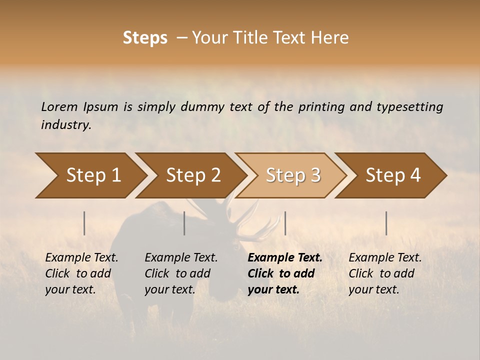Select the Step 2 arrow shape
click(x=193, y=175)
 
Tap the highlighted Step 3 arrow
click(x=293, y=175)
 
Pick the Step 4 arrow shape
click(x=393, y=175)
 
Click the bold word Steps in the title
click(x=145, y=38)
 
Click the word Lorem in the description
click(x=59, y=106)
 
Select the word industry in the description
click(x=66, y=124)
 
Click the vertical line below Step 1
click(x=84, y=223)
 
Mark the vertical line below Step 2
click(x=184, y=223)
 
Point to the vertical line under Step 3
click(x=285, y=223)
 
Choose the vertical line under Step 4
click(x=386, y=223)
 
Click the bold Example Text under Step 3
click(x=285, y=257)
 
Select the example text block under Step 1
click(x=81, y=273)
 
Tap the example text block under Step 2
click(x=181, y=273)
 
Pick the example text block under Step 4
click(x=385, y=273)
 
